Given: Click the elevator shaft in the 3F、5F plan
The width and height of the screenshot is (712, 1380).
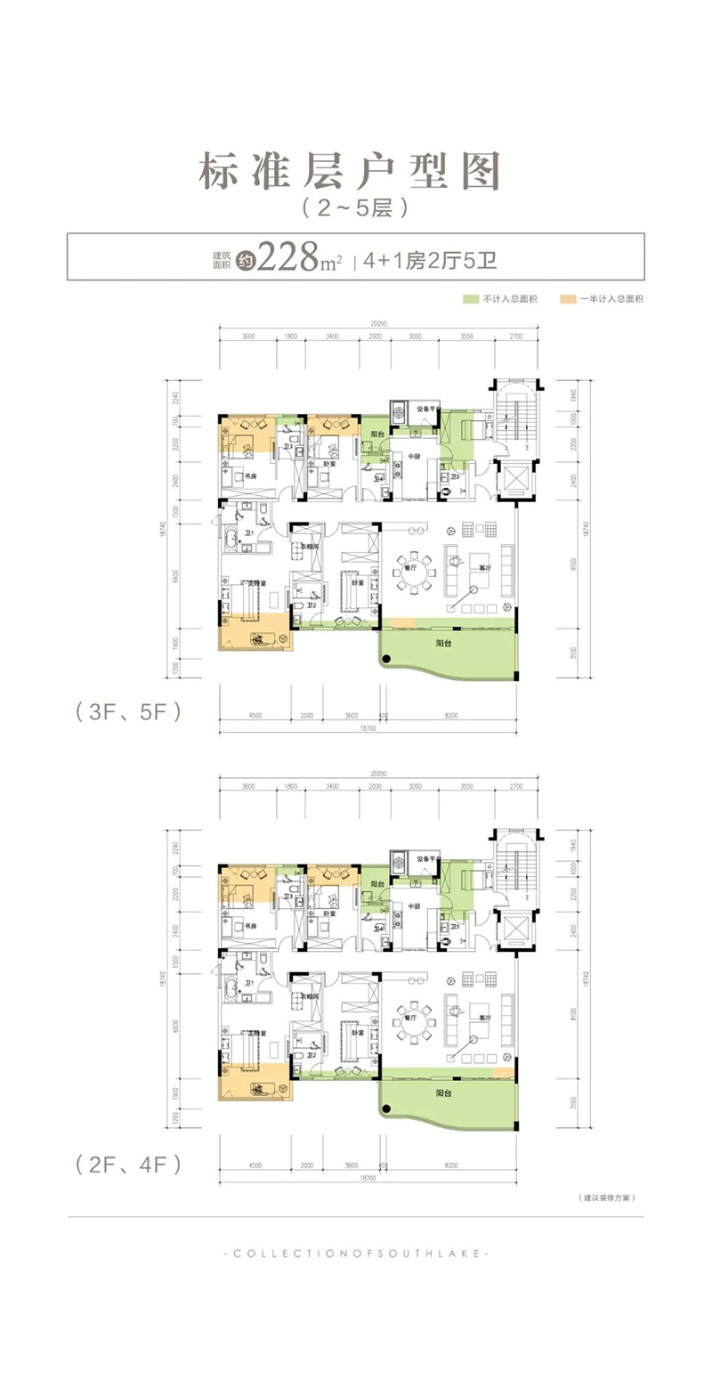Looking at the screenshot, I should click(x=512, y=481).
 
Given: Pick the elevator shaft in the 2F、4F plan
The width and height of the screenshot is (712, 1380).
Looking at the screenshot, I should click(x=512, y=933).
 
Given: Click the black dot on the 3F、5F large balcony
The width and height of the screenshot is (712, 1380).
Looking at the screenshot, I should click(x=385, y=660).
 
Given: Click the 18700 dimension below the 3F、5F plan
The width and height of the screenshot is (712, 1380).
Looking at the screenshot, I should click(x=368, y=729).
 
